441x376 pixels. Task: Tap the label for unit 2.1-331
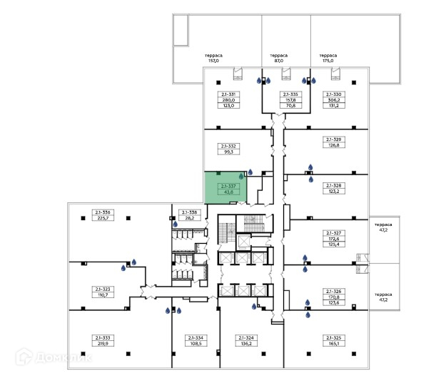pos(229,100)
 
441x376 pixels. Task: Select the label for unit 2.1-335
pos(290,100)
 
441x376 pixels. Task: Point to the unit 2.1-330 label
pos(333,100)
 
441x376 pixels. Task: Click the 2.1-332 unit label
pos(229,149)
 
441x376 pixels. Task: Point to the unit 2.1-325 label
pos(333,340)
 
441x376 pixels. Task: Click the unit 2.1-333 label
pos(103,340)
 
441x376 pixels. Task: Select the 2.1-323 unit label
pos(103,292)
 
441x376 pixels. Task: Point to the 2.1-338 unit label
pos(188,214)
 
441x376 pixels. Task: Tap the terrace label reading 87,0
pos(278,58)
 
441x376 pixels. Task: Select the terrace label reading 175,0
pos(328,58)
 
